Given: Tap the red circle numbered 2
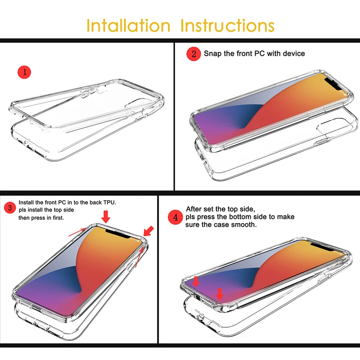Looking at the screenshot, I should pyautogui.click(x=193, y=54).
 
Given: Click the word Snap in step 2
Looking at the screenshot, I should pyautogui.click(x=212, y=54).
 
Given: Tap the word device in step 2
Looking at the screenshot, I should pyautogui.click(x=293, y=54).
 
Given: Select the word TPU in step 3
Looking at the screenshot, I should pyautogui.click(x=109, y=203).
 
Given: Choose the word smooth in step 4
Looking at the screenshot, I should pyautogui.click(x=243, y=225).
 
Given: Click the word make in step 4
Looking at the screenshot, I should pyautogui.click(x=286, y=217).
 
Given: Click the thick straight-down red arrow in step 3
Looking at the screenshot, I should pyautogui.click(x=106, y=217).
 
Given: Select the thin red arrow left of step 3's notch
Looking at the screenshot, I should pyautogui.click(x=76, y=232).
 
